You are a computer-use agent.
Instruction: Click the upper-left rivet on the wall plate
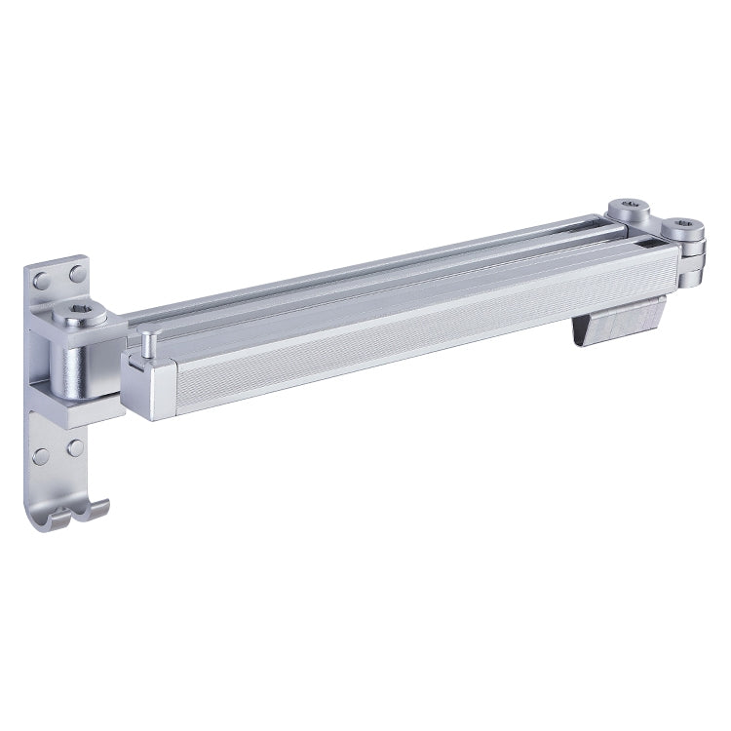click(x=41, y=282)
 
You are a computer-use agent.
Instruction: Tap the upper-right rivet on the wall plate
click(x=76, y=276)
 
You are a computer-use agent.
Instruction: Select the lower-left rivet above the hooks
click(x=40, y=456)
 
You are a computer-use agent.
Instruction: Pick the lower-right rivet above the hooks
click(x=75, y=448)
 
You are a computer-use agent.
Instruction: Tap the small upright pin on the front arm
click(x=146, y=343)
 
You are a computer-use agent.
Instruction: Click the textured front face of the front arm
click(x=409, y=336)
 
